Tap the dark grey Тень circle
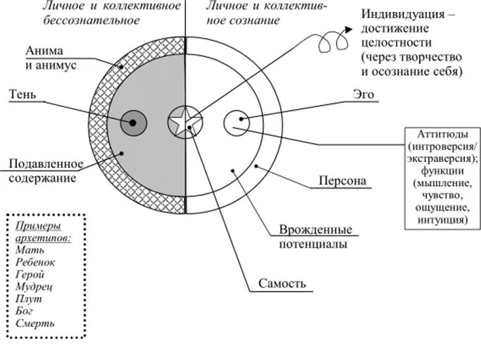click(x=134, y=123)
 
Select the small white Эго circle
click(x=236, y=123)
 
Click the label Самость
click(x=280, y=285)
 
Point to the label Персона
click(x=343, y=181)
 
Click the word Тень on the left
click(x=23, y=94)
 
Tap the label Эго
click(x=363, y=93)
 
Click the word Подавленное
click(x=46, y=164)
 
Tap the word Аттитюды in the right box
click(x=442, y=134)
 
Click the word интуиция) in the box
click(x=442, y=220)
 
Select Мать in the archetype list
click(x=27, y=248)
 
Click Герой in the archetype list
click(x=29, y=274)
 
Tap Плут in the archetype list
click(x=27, y=299)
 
